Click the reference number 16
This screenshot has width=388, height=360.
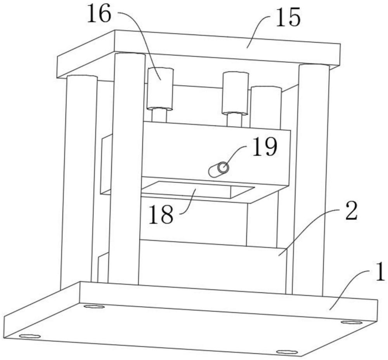tap(99, 15)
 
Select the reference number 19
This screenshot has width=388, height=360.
tap(265, 147)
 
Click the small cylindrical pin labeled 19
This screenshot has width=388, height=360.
tap(218, 170)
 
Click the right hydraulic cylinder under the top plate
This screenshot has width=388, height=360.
tap(235, 93)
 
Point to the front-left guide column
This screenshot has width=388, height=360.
tap(126, 167)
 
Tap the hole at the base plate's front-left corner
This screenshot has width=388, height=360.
tap(30, 336)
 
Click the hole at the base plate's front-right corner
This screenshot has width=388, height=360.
tap(287, 352)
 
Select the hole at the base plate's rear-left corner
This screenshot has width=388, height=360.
tap(94, 307)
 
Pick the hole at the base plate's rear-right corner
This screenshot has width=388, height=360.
tap(352, 322)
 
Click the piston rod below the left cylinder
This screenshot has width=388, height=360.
tap(159, 115)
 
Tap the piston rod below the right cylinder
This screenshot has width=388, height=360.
tap(234, 119)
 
